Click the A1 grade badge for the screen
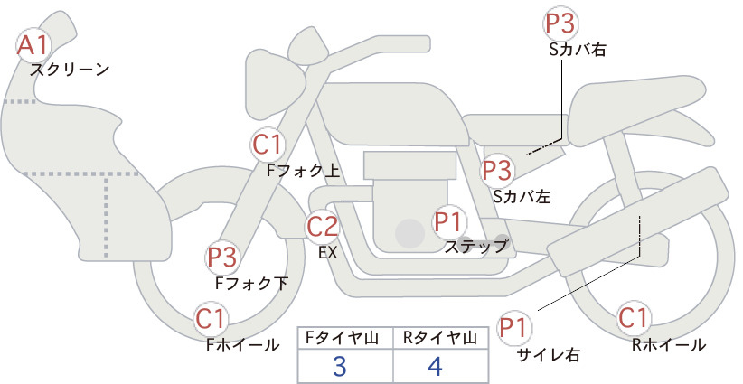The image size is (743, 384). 33,45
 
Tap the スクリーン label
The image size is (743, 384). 70,70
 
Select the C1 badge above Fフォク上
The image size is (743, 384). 268,145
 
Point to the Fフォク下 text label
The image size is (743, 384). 251,283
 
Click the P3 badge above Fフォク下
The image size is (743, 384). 222,258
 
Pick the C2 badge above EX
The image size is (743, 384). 322,226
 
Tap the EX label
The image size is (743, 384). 328,252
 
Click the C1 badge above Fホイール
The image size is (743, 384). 211,319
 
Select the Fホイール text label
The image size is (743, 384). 242,345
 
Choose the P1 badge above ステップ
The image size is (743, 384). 449,222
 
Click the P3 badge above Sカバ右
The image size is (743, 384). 560,23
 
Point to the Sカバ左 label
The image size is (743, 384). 522,196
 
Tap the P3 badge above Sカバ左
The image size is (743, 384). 497,171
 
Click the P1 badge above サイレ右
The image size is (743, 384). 514,328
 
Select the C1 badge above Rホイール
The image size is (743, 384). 633,318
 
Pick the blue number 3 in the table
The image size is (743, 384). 340,366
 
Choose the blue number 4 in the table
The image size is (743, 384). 435,366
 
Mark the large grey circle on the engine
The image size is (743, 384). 409,233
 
